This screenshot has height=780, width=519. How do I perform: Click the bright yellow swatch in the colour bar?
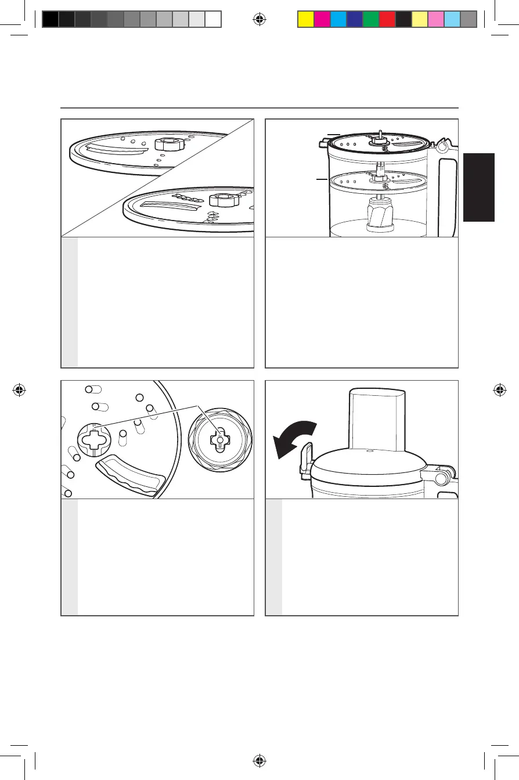(305, 20)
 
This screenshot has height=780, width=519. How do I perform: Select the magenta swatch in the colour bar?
(321, 20)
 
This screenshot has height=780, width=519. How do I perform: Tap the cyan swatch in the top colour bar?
(337, 20)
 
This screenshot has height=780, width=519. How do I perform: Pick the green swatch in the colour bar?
(370, 20)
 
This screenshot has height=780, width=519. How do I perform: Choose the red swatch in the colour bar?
(387, 20)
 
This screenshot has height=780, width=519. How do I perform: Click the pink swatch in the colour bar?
(435, 20)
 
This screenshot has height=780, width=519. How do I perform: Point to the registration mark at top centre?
(259, 20)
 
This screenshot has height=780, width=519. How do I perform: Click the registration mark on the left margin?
(20, 390)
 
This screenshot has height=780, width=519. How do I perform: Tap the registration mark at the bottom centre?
(259, 760)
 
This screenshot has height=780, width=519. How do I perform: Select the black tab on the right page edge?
(479, 187)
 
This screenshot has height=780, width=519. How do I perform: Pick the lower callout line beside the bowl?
(322, 179)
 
